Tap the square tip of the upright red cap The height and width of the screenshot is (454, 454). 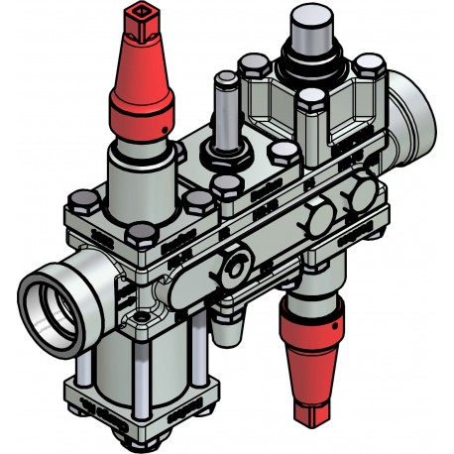point(139,17)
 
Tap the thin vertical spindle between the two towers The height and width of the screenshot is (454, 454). point(223,114)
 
